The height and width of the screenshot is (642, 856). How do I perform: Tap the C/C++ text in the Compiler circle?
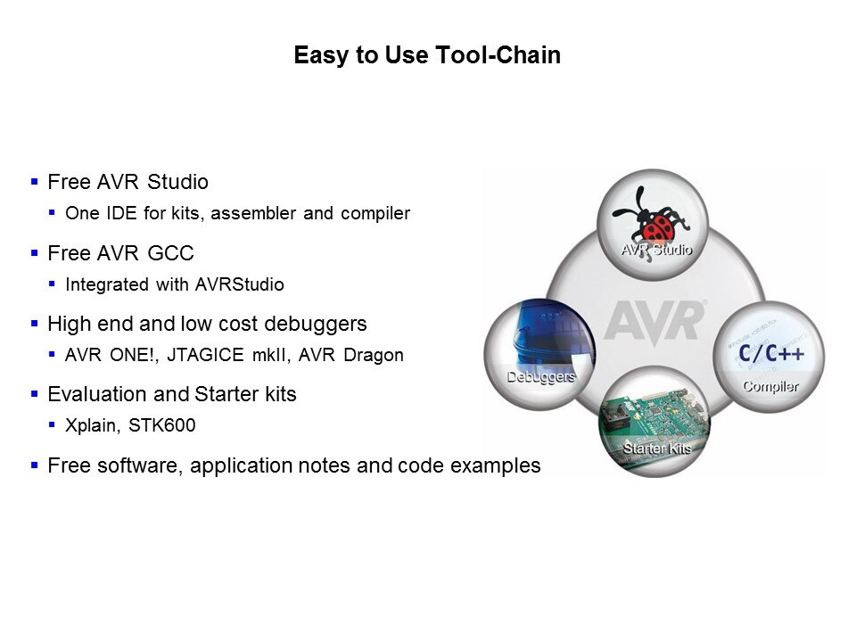770,353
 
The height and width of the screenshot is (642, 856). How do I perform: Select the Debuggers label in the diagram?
541,377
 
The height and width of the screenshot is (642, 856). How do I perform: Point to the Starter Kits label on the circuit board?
657,449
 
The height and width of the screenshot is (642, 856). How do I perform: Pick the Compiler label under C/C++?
770,386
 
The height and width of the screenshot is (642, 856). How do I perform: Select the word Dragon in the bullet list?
374,356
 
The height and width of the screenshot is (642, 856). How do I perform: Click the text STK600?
161,425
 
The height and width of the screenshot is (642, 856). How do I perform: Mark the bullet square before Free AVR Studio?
35,182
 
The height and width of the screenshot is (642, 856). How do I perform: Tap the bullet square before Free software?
35,465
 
